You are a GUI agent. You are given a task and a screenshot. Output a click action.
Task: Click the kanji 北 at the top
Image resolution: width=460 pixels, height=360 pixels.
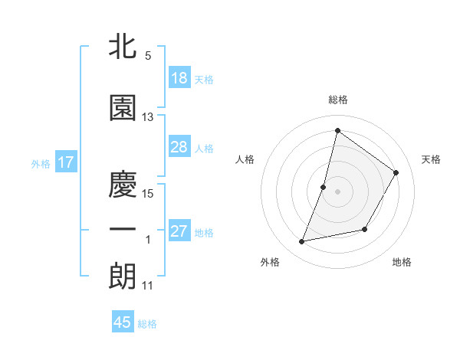coord(123,47)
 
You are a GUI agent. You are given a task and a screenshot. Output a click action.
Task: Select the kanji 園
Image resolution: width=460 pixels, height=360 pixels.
coord(123,109)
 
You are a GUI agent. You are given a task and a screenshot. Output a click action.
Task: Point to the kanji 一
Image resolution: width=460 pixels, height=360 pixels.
coord(123,230)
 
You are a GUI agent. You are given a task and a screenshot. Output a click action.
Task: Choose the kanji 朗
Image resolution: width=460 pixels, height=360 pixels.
coord(123,277)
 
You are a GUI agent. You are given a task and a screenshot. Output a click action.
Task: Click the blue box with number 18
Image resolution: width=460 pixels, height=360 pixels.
coord(179,78)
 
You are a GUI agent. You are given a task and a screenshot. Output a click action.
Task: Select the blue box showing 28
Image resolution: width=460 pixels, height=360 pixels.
coord(179,148)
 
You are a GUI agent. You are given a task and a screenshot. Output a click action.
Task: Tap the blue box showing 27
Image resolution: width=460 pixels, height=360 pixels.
coord(179,232)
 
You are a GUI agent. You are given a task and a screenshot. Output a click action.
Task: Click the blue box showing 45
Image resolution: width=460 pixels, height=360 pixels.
coord(123,322)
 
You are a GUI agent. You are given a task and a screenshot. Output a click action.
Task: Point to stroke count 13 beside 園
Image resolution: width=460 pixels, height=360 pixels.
coord(148,117)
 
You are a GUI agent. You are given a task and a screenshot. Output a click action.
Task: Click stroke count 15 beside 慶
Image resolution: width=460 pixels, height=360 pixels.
coord(148,193)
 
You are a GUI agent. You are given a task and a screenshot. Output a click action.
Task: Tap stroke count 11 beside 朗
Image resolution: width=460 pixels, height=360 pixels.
coord(148,286)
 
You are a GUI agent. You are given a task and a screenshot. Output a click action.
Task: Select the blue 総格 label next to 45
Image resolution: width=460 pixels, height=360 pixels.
coord(147,324)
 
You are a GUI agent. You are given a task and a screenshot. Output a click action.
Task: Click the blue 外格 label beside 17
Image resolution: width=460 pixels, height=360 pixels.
coord(40,163)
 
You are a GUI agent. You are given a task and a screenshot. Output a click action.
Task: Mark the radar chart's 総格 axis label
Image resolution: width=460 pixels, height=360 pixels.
coord(337,100)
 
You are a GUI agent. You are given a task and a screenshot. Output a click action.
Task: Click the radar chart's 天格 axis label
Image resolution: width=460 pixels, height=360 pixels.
coord(431,159)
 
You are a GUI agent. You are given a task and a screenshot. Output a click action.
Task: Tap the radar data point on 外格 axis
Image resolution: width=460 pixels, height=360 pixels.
coord(302,242)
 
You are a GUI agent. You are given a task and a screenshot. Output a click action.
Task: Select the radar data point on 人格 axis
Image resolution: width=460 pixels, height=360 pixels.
coord(324,187)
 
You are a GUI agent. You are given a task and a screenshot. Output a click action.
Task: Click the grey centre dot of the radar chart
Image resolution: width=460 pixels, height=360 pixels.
coord(337,191)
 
